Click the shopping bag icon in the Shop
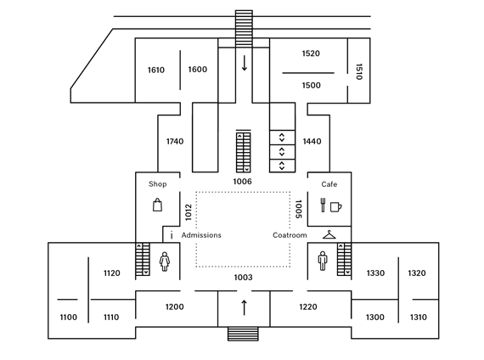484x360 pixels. click(157, 205)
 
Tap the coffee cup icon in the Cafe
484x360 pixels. click(336, 206)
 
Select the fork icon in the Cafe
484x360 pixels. click(323, 205)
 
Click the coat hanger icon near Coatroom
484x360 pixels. click(329, 235)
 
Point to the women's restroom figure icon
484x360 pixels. click(165, 262)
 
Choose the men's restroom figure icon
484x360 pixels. click(323, 261)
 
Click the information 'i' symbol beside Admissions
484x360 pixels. click(172, 235)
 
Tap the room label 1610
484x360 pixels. click(156, 70)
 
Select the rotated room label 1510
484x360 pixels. click(358, 72)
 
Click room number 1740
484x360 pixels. click(175, 142)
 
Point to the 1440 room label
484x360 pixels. click(312, 142)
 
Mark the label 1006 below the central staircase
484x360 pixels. click(242, 181)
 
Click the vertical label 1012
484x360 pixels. click(189, 212)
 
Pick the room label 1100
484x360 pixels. click(68, 317)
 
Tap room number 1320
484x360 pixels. click(417, 273)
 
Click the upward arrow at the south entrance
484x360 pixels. click(245, 307)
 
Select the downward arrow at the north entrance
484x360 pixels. click(245, 63)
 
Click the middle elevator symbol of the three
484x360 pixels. click(282, 152)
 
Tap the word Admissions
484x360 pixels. click(201, 235)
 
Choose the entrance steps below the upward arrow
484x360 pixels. click(243, 334)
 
